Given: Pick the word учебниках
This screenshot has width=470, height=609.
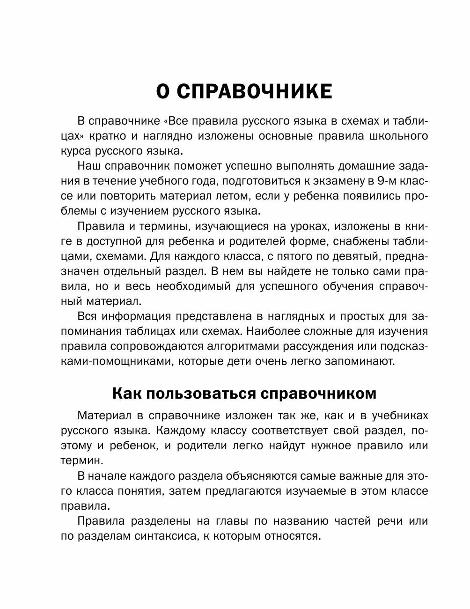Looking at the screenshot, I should tap(398, 416).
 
